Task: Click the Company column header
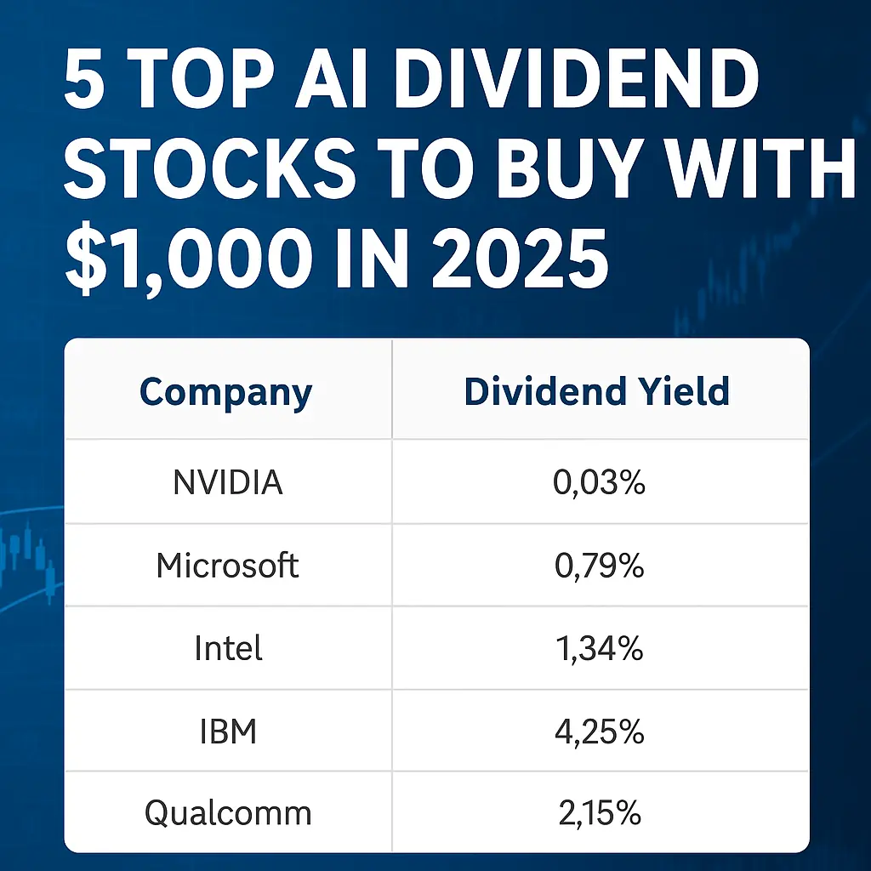pos(226,392)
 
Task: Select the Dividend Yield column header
pos(597,391)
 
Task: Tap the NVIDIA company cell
pos(227,482)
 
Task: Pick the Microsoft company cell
pos(227,565)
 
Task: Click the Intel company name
pos(228,648)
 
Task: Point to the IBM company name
pos(227,731)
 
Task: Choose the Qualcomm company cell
pos(228,813)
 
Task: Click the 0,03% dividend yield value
pos(599,482)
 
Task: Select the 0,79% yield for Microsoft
pos(599,565)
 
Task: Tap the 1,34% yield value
pos(599,648)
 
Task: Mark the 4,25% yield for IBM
pos(599,731)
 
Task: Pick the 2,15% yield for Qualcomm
pos(599,813)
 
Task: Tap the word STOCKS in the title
pos(209,171)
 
